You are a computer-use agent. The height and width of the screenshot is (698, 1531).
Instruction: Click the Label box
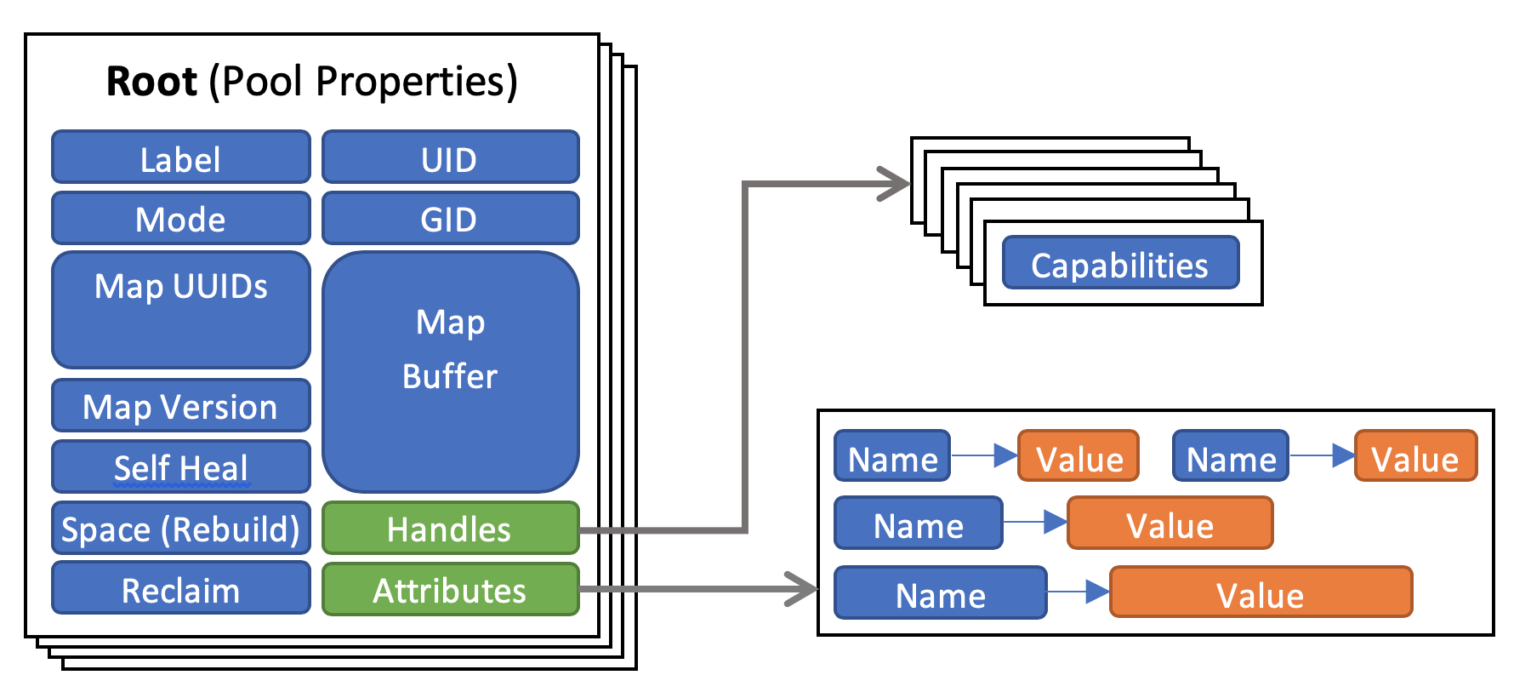[x=180, y=157]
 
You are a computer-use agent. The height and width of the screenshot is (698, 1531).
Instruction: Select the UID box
[x=450, y=157]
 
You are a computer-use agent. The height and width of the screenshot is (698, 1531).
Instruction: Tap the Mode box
[x=180, y=219]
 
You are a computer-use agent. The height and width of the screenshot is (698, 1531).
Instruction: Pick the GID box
[x=450, y=219]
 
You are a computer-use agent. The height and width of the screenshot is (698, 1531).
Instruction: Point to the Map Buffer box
[x=450, y=371]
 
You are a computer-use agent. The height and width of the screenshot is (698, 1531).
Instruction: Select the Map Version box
[x=180, y=406]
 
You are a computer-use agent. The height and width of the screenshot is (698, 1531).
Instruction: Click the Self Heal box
[x=180, y=467]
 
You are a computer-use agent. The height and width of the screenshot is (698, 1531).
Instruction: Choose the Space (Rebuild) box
[x=180, y=529]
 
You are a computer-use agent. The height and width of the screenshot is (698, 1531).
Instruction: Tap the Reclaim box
[x=180, y=589]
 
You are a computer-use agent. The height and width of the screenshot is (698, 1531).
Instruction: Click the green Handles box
[x=450, y=529]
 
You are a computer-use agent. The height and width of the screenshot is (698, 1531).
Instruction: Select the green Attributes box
[x=450, y=589]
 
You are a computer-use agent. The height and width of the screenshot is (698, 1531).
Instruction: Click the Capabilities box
[x=1119, y=263]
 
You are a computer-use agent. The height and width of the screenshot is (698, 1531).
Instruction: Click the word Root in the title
[x=151, y=82]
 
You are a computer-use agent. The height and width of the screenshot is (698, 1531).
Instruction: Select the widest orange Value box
[x=1261, y=592]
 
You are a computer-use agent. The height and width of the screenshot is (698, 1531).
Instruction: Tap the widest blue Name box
[x=940, y=592]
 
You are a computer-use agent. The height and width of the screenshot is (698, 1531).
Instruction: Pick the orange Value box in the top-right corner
[x=1415, y=456]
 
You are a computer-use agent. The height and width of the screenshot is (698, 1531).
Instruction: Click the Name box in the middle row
[x=918, y=523]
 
